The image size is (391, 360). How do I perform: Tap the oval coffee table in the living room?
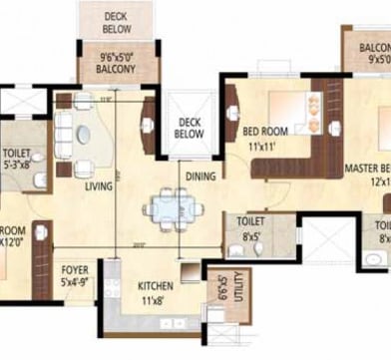[x=83, y=135]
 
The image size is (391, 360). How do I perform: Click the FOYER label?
[x=75, y=268]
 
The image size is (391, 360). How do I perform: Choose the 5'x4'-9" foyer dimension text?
[x=75, y=281]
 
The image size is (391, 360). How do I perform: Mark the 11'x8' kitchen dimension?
[x=155, y=299]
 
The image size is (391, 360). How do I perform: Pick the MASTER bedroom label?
[x=367, y=170]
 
